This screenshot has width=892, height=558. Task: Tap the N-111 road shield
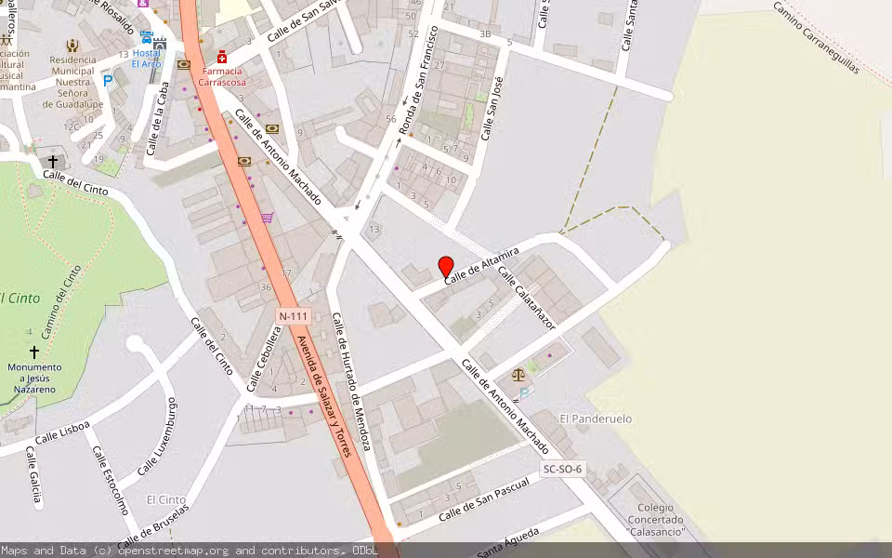point(293,317)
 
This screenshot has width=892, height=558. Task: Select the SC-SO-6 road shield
point(561,470)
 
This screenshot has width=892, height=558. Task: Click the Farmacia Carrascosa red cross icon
point(222,57)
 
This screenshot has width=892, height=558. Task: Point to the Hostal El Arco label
point(146,58)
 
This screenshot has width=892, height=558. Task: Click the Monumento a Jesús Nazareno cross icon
point(34,352)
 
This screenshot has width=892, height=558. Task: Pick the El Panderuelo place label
point(596,419)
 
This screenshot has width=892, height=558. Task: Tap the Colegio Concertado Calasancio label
point(656,520)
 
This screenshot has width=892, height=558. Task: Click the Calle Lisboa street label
point(62,432)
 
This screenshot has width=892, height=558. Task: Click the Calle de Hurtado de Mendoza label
point(352,382)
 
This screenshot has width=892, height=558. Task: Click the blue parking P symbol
point(108,81)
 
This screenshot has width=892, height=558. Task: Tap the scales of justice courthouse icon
point(518,376)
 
